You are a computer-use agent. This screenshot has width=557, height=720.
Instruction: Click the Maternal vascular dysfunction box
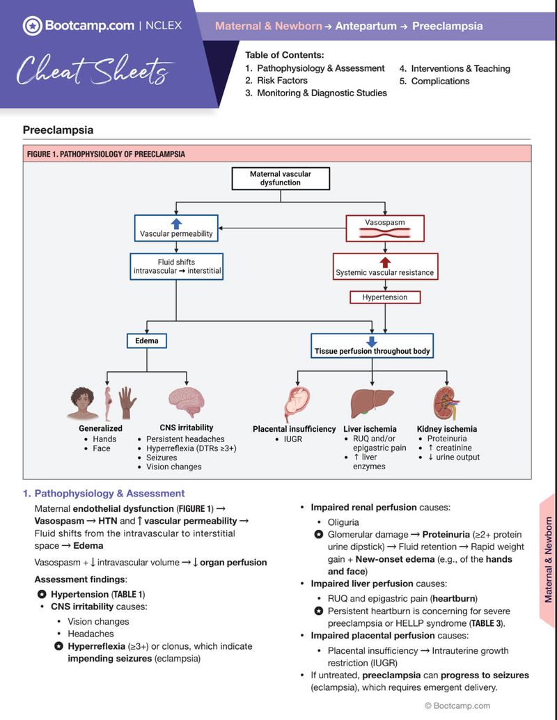(281, 178)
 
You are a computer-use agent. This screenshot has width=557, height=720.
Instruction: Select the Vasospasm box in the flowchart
(385, 228)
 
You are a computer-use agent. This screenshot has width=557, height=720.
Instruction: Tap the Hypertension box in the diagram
(385, 297)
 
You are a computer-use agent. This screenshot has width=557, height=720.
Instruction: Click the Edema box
(147, 341)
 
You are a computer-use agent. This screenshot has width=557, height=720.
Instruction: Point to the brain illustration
(187, 403)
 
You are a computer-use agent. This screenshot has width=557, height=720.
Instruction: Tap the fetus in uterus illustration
(298, 404)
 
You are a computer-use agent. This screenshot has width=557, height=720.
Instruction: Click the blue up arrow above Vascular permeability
(176, 223)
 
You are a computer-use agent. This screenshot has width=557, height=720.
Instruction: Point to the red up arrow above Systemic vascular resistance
(384, 263)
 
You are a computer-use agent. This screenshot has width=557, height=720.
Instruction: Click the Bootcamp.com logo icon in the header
(32, 26)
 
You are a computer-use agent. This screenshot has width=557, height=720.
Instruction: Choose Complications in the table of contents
(440, 81)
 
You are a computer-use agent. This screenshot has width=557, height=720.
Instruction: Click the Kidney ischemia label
(447, 429)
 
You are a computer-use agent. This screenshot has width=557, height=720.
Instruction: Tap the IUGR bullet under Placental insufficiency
(292, 439)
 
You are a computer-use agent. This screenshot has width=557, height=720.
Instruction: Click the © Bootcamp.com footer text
(457, 705)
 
